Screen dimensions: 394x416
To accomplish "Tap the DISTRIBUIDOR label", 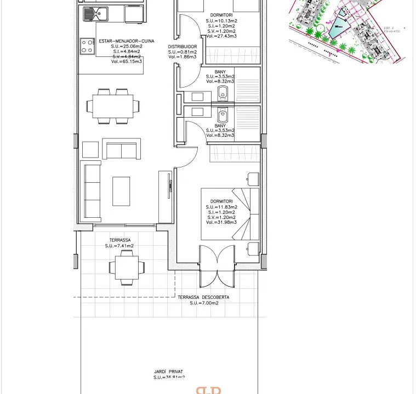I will [182, 47].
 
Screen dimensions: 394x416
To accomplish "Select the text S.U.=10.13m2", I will [221, 20].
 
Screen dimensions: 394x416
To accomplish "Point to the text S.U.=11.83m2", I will [221, 207].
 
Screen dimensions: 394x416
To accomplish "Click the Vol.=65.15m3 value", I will [127, 61].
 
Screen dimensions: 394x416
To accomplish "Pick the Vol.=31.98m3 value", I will [221, 222].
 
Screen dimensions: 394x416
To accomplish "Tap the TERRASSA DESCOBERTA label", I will [203, 298].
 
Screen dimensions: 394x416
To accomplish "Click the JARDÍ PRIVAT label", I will [169, 372].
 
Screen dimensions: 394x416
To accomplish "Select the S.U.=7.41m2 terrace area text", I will [119, 246].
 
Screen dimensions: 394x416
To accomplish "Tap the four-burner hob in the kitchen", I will [87, 45].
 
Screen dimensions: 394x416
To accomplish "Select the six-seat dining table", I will [112, 105].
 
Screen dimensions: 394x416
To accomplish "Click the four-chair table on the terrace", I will [127, 268].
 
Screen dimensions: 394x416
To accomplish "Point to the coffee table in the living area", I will [122, 190].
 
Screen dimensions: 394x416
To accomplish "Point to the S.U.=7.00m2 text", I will [203, 303].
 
